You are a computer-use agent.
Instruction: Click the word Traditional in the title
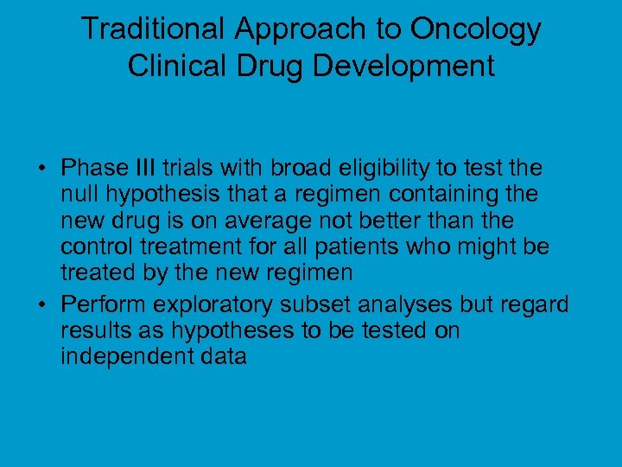click(x=153, y=29)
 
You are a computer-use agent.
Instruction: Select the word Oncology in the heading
click(x=475, y=29)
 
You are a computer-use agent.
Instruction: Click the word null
click(x=79, y=193)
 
